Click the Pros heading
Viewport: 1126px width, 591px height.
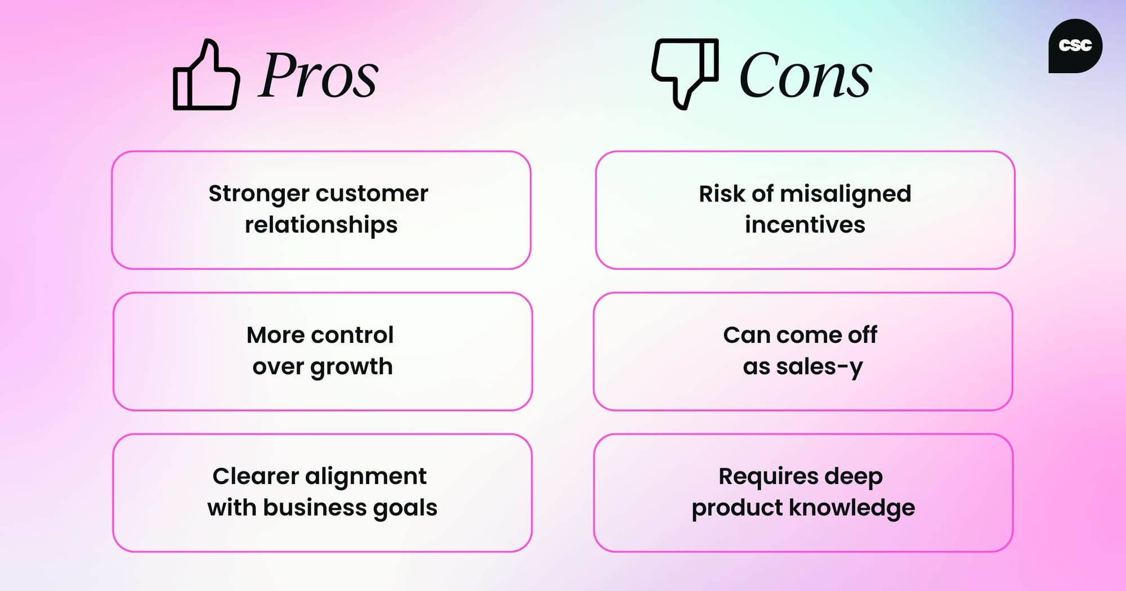[318, 75]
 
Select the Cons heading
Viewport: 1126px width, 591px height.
[805, 75]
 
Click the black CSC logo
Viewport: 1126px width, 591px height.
[1075, 46]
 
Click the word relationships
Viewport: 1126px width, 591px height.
[321, 225]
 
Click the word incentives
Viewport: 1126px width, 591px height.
[805, 225]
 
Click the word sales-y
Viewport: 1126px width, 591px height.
[819, 367]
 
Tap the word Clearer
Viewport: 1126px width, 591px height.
[255, 476]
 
